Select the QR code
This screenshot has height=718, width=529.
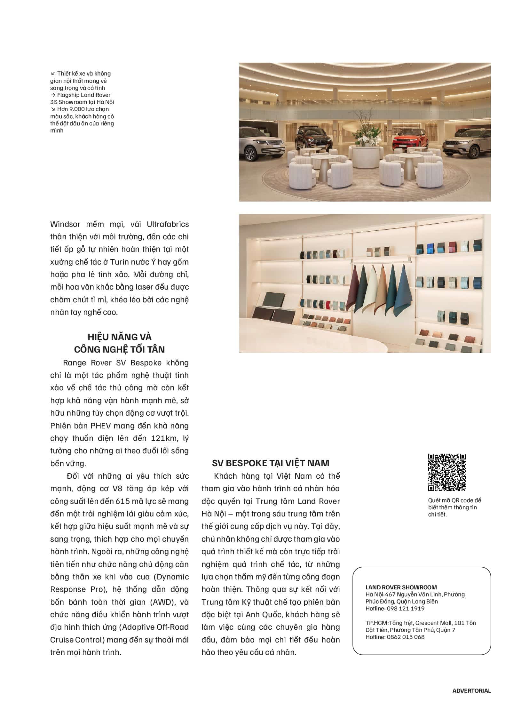[x=447, y=472]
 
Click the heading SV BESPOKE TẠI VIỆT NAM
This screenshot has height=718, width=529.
[x=271, y=463]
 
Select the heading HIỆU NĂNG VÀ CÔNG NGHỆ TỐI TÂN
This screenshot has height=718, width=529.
[x=119, y=343]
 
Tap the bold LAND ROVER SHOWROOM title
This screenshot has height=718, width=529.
[x=401, y=587]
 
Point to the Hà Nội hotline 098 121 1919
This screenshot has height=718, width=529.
[x=406, y=609]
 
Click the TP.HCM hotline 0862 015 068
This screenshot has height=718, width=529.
[x=406, y=637]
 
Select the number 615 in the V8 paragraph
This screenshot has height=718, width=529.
[x=122, y=501]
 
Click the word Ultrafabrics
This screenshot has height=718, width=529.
[x=168, y=224]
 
